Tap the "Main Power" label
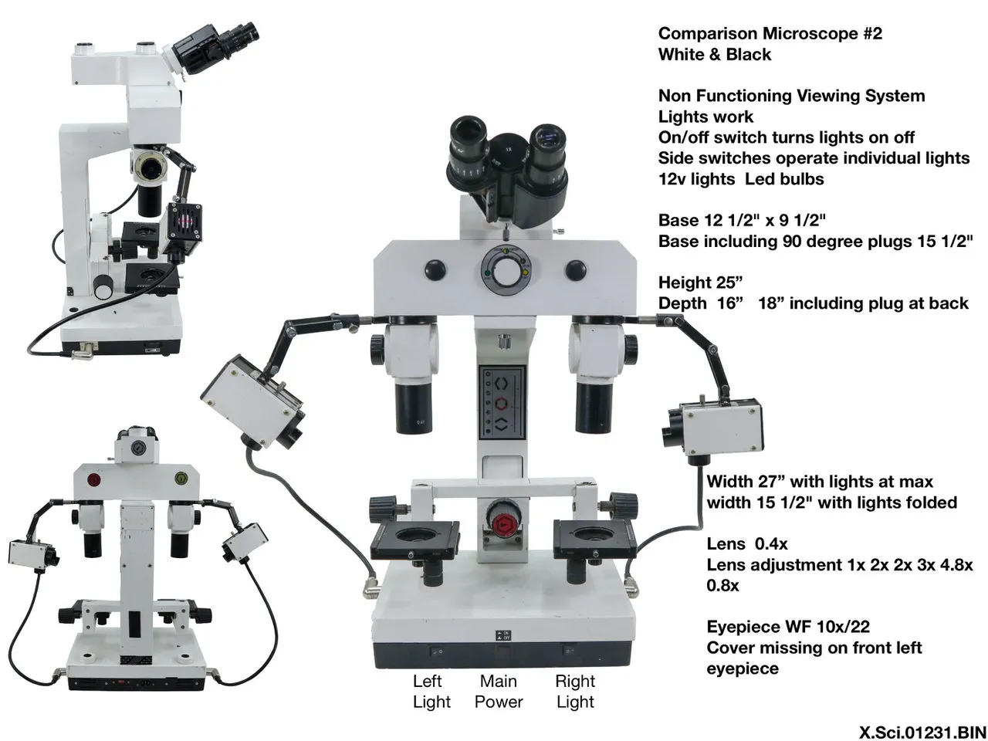coord(499,692)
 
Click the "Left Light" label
coord(431,692)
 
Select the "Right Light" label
coord(575,692)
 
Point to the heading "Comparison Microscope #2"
coord(770,33)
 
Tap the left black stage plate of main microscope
coord(414,540)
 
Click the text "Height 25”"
coord(700,283)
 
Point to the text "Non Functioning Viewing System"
coord(791,96)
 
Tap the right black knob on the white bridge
coord(575,269)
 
